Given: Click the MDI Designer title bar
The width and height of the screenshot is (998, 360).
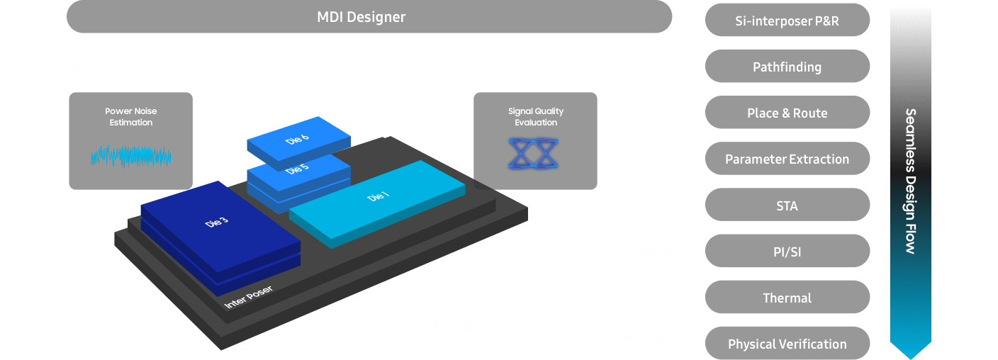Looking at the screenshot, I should pyautogui.click(x=369, y=17).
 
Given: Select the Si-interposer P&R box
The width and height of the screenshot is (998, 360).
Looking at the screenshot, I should pyautogui.click(x=787, y=21).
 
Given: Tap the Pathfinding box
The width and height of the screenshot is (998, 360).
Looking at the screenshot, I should pyautogui.click(x=787, y=67).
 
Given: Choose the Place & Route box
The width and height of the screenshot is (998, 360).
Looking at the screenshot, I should pyautogui.click(x=787, y=113).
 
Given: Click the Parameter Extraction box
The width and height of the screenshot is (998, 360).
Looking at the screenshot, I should pyautogui.click(x=787, y=159).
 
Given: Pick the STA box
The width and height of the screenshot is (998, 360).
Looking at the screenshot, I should pyautogui.click(x=787, y=206).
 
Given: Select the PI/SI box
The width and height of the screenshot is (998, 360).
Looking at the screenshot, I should pyautogui.click(x=787, y=252).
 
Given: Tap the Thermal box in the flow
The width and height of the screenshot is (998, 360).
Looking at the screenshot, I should pyautogui.click(x=787, y=298).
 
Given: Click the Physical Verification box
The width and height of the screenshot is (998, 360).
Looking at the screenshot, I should pyautogui.click(x=787, y=344).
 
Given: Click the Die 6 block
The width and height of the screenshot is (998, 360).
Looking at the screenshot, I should pyautogui.click(x=298, y=140).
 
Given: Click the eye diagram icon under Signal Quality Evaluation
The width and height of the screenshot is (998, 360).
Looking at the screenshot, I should pyautogui.click(x=535, y=154).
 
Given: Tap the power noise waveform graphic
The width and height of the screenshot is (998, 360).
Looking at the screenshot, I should pyautogui.click(x=130, y=156).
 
